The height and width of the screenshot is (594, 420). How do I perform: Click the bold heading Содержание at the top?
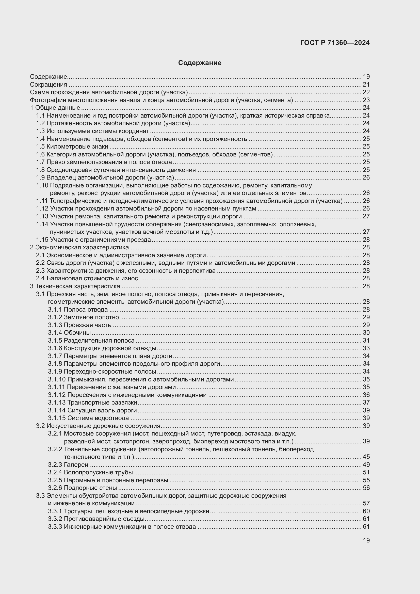[199, 63]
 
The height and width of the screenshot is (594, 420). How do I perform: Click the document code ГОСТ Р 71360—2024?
[335, 43]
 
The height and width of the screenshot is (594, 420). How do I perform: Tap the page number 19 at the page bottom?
[366, 540]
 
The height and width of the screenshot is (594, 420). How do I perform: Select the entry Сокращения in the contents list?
[48, 85]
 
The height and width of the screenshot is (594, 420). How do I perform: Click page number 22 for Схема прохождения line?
[366, 92]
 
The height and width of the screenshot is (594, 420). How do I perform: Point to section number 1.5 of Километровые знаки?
[40, 147]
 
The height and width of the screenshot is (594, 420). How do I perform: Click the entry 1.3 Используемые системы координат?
[92, 131]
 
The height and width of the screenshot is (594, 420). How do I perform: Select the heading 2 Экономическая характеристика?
[79, 247]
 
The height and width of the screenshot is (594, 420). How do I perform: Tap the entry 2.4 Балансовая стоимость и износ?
[87, 278]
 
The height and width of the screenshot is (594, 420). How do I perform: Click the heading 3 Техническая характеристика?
[75, 286]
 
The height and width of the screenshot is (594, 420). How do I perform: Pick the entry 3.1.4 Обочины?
[69, 332]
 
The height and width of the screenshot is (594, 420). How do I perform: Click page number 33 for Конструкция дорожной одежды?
[366, 348]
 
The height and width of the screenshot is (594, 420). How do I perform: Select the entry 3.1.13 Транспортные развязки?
[92, 402]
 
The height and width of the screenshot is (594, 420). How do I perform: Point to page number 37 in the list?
[366, 402]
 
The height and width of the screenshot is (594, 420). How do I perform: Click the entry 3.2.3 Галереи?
[68, 465]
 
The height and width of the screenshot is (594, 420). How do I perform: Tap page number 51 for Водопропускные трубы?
[366, 472]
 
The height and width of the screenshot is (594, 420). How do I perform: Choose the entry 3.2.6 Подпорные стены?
[82, 488]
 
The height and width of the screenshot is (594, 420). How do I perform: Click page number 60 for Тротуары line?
[366, 511]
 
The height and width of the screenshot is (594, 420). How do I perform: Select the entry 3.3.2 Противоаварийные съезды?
[96, 519]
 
